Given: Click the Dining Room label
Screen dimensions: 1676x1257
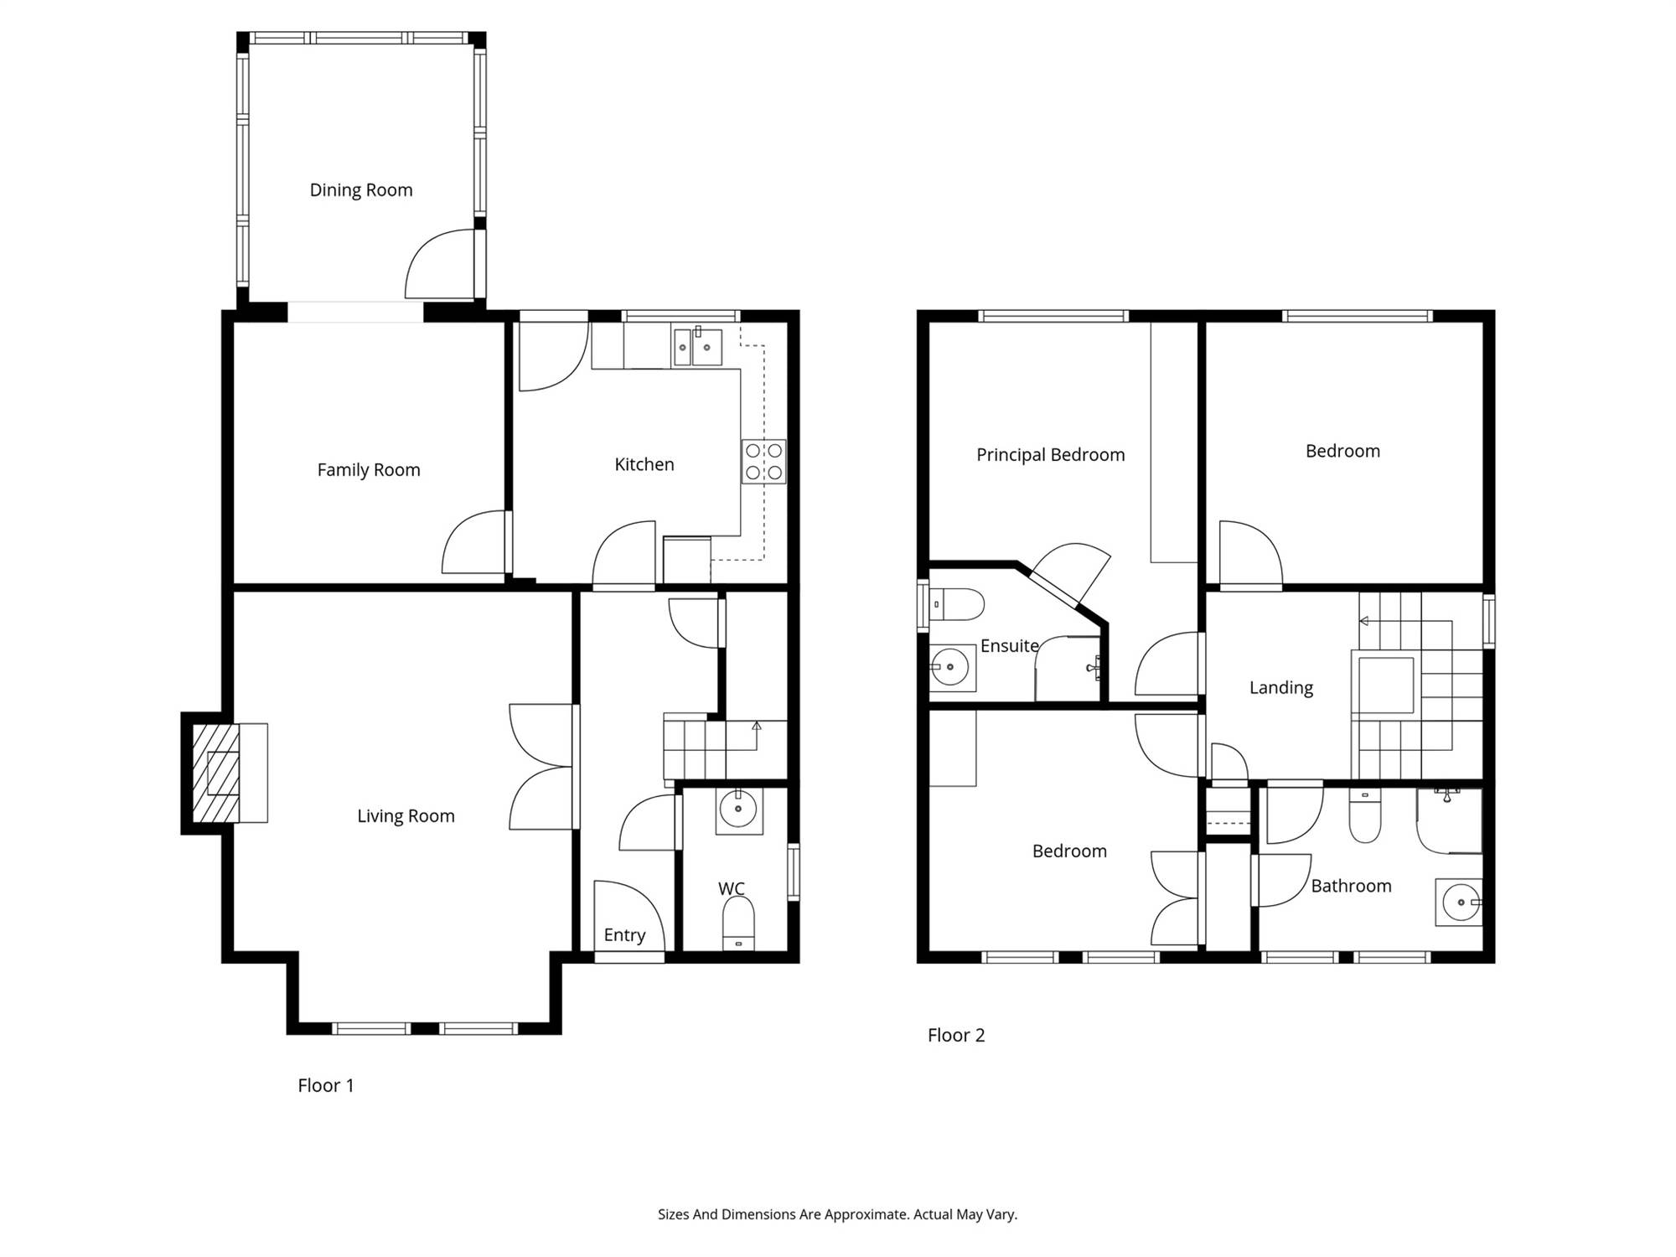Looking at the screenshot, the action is (x=361, y=190).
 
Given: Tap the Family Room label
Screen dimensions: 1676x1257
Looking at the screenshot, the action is (x=369, y=470).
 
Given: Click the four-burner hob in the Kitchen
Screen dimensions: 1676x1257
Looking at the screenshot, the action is (x=763, y=462).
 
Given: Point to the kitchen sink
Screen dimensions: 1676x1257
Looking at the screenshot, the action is (x=697, y=347).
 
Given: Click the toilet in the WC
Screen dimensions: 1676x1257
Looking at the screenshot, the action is (x=738, y=923).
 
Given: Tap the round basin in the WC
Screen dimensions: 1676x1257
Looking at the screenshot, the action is (x=738, y=810).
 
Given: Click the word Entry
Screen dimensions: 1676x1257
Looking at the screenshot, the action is (x=624, y=935).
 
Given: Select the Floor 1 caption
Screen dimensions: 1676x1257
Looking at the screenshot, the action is (x=326, y=1085).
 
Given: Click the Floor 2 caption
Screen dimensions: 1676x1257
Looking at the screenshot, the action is (x=956, y=1035).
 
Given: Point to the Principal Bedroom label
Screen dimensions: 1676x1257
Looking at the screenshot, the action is (x=1051, y=455).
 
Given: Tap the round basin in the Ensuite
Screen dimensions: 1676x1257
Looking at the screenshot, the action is (x=950, y=668).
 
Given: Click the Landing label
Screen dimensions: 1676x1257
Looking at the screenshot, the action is (x=1281, y=688).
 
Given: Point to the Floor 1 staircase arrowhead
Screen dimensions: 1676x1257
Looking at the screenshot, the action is (x=757, y=726).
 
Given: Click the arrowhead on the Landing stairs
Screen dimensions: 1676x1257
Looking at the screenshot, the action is (x=1363, y=621).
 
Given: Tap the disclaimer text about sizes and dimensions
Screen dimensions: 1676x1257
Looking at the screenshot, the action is (x=837, y=1214).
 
